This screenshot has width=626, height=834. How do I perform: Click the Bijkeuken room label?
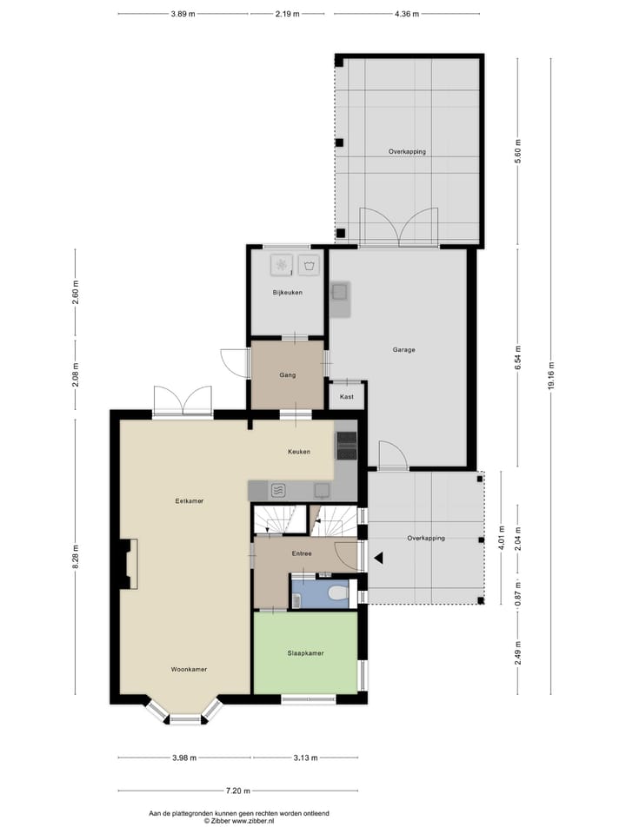click(x=287, y=293)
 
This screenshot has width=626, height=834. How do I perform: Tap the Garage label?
click(x=403, y=350)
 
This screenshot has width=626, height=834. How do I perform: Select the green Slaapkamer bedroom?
click(x=305, y=652)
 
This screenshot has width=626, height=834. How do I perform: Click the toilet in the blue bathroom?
click(x=337, y=593)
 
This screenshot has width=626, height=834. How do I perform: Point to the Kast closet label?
click(x=347, y=397)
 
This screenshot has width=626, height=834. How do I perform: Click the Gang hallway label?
click(x=288, y=375)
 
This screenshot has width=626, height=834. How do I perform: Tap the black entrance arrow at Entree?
click(x=378, y=558)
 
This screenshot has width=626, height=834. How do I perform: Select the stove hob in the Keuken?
click(x=346, y=445)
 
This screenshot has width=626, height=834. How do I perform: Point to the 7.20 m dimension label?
click(x=237, y=791)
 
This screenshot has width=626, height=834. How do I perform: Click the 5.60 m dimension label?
click(x=517, y=149)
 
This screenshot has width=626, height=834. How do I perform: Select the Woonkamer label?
click(x=189, y=669)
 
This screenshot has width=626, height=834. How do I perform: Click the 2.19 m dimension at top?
click(x=287, y=14)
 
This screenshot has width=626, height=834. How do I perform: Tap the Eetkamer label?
click(x=189, y=501)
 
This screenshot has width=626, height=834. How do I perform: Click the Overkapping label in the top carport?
click(x=407, y=151)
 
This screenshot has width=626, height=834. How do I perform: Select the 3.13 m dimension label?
click(x=306, y=758)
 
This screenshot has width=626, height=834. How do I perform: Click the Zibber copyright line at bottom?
click(x=237, y=820)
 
